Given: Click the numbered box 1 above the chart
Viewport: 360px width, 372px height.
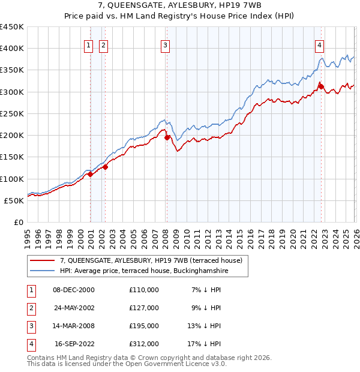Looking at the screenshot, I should pyautogui.click(x=88, y=44).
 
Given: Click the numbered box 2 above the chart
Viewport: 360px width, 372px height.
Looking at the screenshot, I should pyautogui.click(x=103, y=44).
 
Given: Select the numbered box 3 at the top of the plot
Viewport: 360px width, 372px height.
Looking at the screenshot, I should pyautogui.click(x=165, y=44).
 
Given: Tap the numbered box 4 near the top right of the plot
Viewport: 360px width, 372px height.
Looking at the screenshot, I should pyautogui.click(x=320, y=44).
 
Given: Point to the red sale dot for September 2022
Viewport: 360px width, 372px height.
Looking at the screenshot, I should pyautogui.click(x=321, y=87).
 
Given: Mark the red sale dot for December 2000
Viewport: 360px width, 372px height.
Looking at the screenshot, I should pyautogui.click(x=91, y=175).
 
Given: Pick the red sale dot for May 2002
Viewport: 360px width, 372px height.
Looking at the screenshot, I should pyautogui.click(x=106, y=167).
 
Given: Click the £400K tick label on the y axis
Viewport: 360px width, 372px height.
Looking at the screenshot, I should pyautogui.click(x=12, y=49).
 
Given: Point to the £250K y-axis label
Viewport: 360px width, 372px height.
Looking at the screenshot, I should pyautogui.click(x=12, y=113).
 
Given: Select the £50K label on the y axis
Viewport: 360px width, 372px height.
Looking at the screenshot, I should pyautogui.click(x=14, y=200).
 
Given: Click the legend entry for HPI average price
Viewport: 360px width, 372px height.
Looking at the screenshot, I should pyautogui.click(x=144, y=271).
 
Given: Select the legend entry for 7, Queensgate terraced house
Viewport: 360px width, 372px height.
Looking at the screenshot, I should pyautogui.click(x=151, y=260).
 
